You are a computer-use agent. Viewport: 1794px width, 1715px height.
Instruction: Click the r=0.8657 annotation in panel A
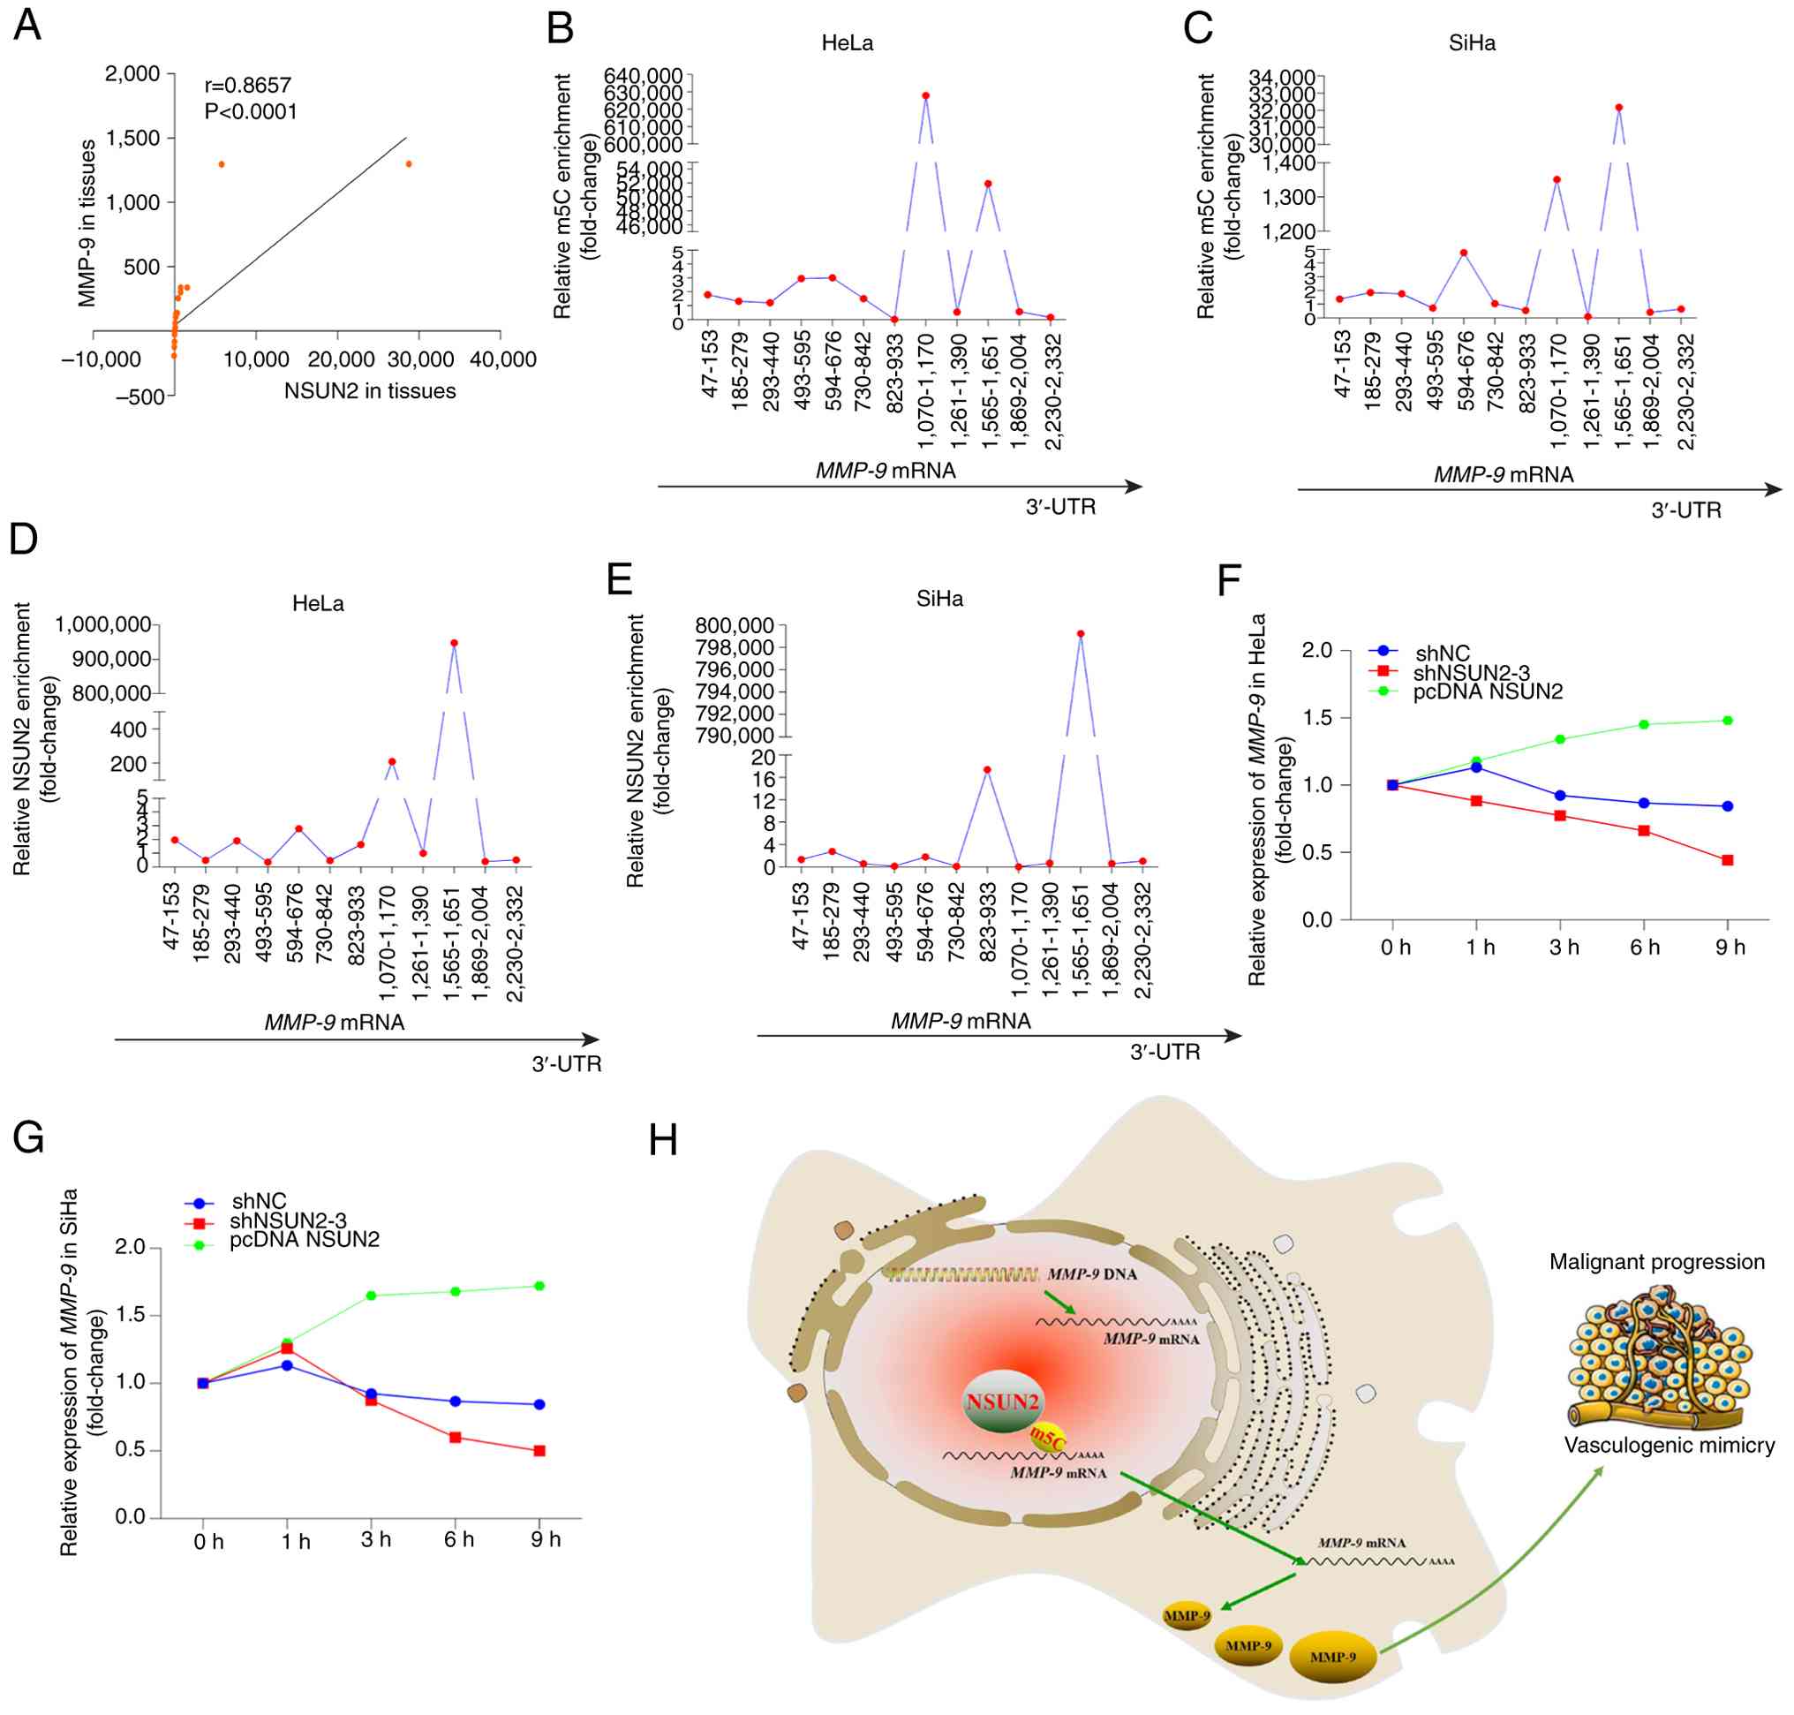[x=248, y=85]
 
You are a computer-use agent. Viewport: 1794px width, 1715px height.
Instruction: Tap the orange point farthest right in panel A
[x=409, y=163]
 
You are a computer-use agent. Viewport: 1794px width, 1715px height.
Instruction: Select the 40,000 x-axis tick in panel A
[x=502, y=359]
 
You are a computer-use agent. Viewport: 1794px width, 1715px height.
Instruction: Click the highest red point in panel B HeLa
[x=926, y=95]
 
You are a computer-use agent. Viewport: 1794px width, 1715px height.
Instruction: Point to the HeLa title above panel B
[x=848, y=43]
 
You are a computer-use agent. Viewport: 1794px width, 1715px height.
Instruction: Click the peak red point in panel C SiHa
[x=1618, y=107]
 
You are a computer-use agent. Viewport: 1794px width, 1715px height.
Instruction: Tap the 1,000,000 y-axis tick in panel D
[x=103, y=624]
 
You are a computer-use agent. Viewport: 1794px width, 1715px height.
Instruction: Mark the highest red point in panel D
[x=454, y=643]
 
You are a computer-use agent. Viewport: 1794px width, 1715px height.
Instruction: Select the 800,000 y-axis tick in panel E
[x=734, y=625]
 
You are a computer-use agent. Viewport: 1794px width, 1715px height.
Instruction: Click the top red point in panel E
[x=1081, y=632]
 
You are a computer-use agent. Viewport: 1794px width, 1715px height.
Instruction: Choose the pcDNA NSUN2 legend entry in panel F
[x=1487, y=691]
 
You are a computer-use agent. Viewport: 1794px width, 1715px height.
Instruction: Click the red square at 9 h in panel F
[x=1727, y=860]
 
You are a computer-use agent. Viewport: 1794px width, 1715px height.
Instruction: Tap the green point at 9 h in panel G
[x=539, y=1285]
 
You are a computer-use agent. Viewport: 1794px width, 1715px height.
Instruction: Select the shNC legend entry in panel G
[x=259, y=1200]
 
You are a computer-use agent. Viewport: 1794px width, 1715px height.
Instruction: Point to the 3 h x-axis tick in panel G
[x=375, y=1539]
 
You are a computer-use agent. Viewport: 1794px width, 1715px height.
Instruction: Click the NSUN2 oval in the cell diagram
[x=1003, y=1401]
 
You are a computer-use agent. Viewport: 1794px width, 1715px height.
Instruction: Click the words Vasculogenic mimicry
[x=1669, y=1446]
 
